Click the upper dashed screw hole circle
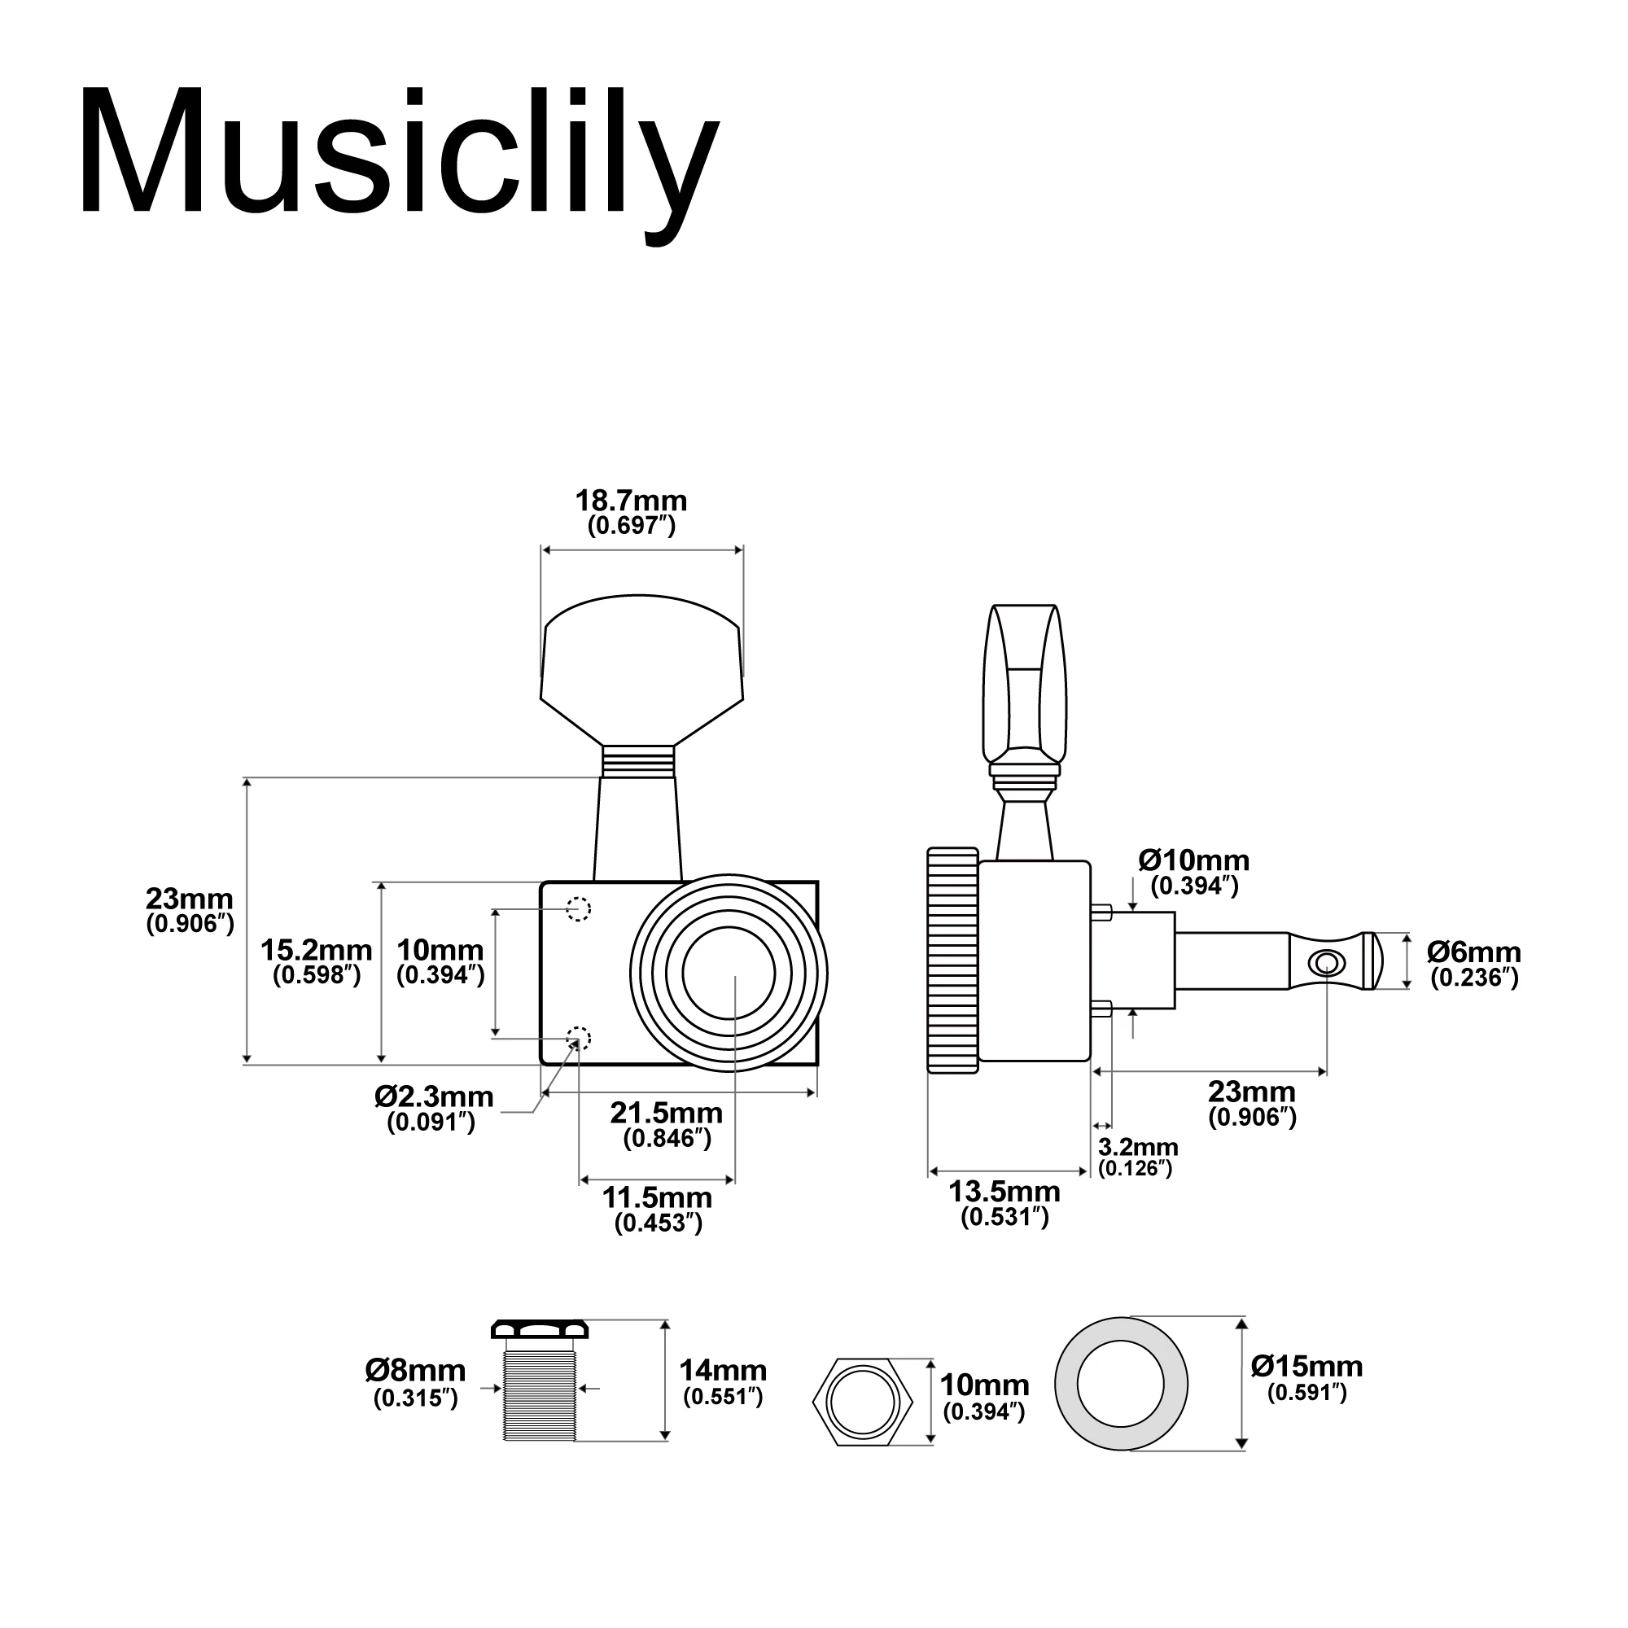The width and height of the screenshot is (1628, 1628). click(578, 909)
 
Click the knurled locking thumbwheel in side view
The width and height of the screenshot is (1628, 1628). click(953, 961)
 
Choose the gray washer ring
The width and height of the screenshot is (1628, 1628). click(1069, 1385)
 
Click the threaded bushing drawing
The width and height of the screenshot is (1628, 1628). click(540, 1391)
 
